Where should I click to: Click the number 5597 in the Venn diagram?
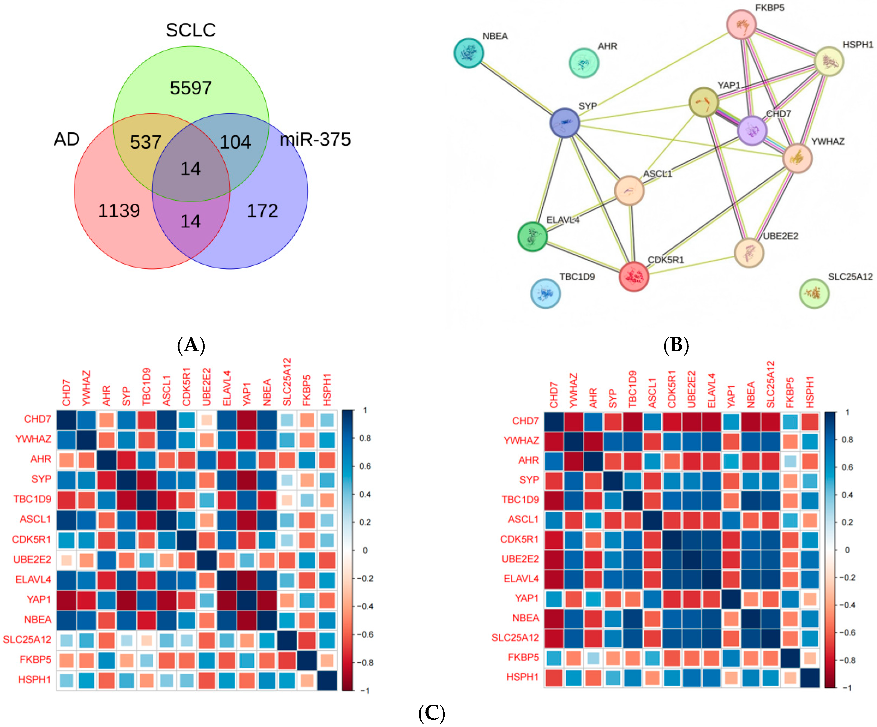click(x=191, y=88)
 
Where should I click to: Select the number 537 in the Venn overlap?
click(x=145, y=142)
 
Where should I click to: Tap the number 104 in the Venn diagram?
click(x=235, y=142)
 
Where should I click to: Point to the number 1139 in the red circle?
click(x=119, y=211)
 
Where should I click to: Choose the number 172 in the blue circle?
click(x=262, y=211)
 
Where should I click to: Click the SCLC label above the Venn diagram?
click(x=191, y=30)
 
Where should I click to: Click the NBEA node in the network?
click(x=469, y=53)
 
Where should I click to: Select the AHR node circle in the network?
click(x=584, y=63)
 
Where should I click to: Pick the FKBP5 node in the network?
click(x=741, y=25)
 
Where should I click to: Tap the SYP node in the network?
click(x=565, y=123)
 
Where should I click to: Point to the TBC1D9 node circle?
click(x=545, y=294)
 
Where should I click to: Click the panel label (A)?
click(x=191, y=345)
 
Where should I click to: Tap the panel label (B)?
click(x=676, y=345)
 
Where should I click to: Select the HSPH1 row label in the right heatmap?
click(x=522, y=677)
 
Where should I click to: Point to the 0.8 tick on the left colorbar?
click(x=365, y=438)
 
